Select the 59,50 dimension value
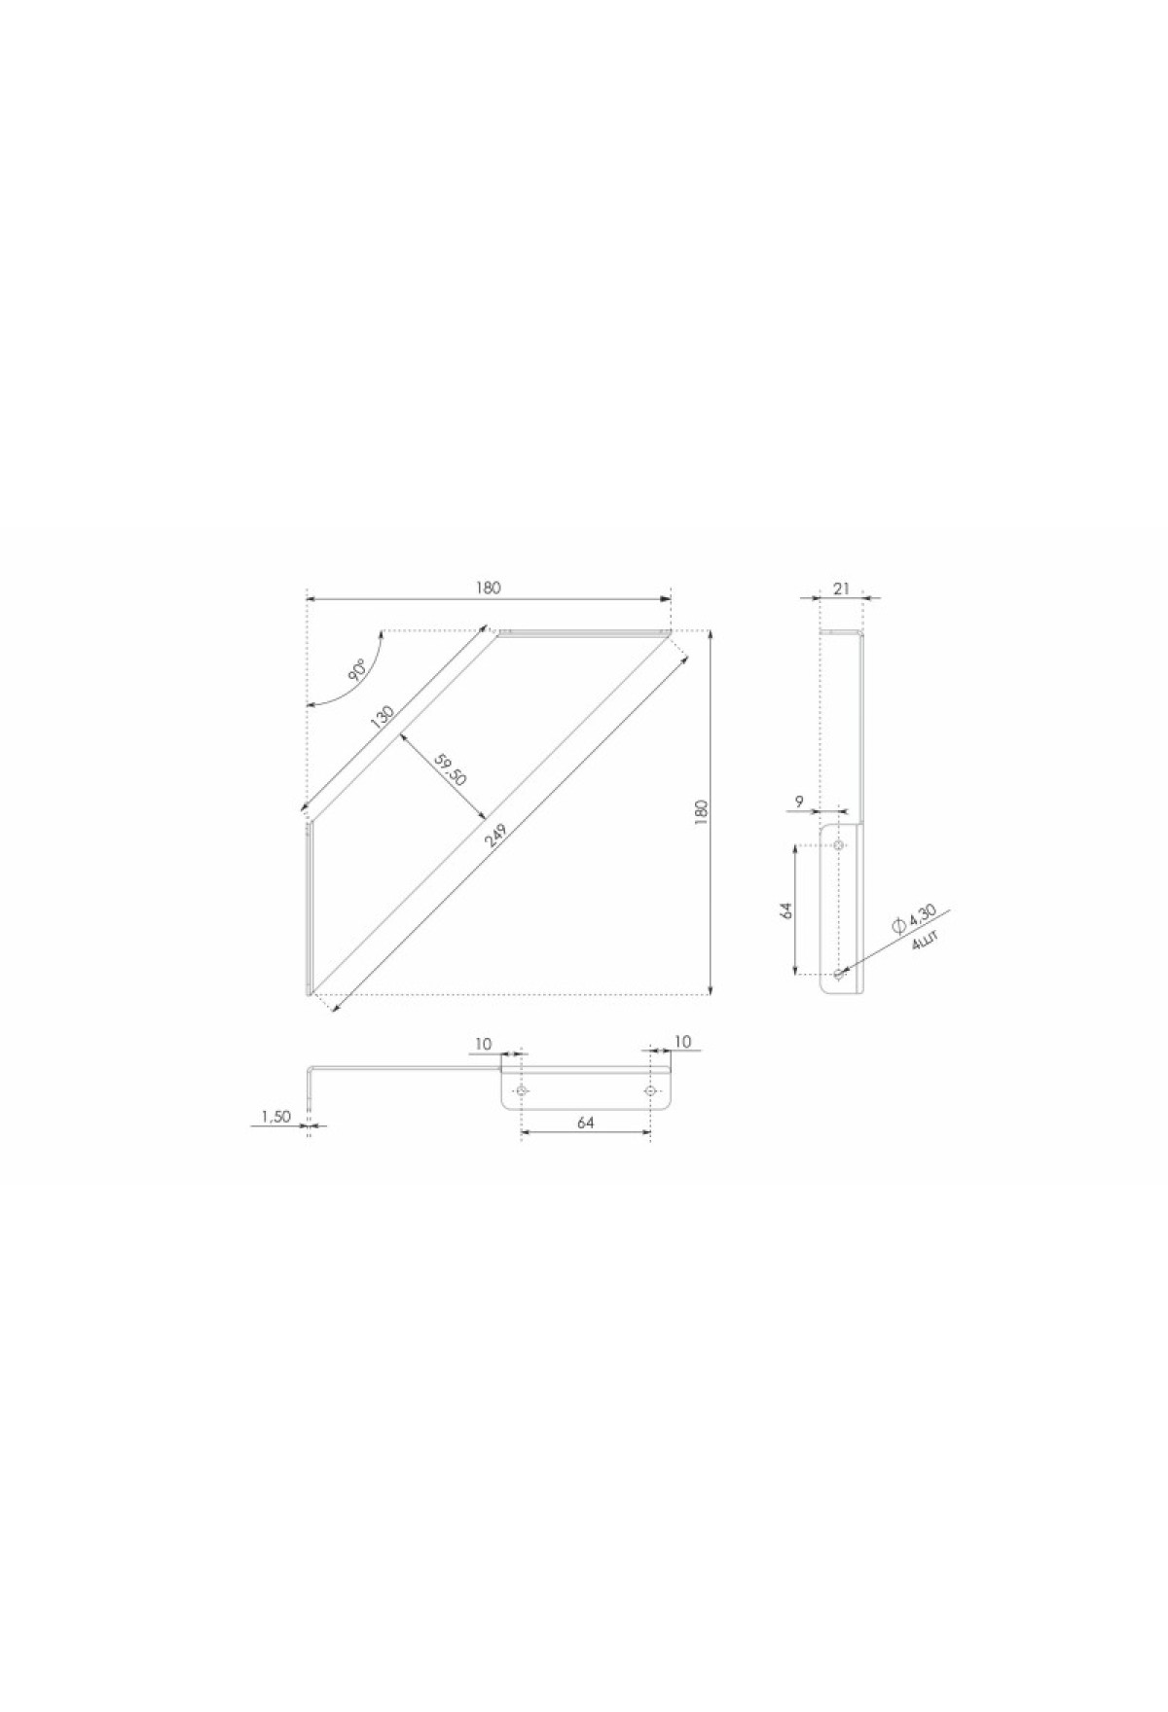point(452,773)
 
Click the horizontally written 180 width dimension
point(489,587)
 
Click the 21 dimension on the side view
point(842,587)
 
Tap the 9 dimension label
point(799,802)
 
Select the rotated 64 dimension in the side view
point(786,909)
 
